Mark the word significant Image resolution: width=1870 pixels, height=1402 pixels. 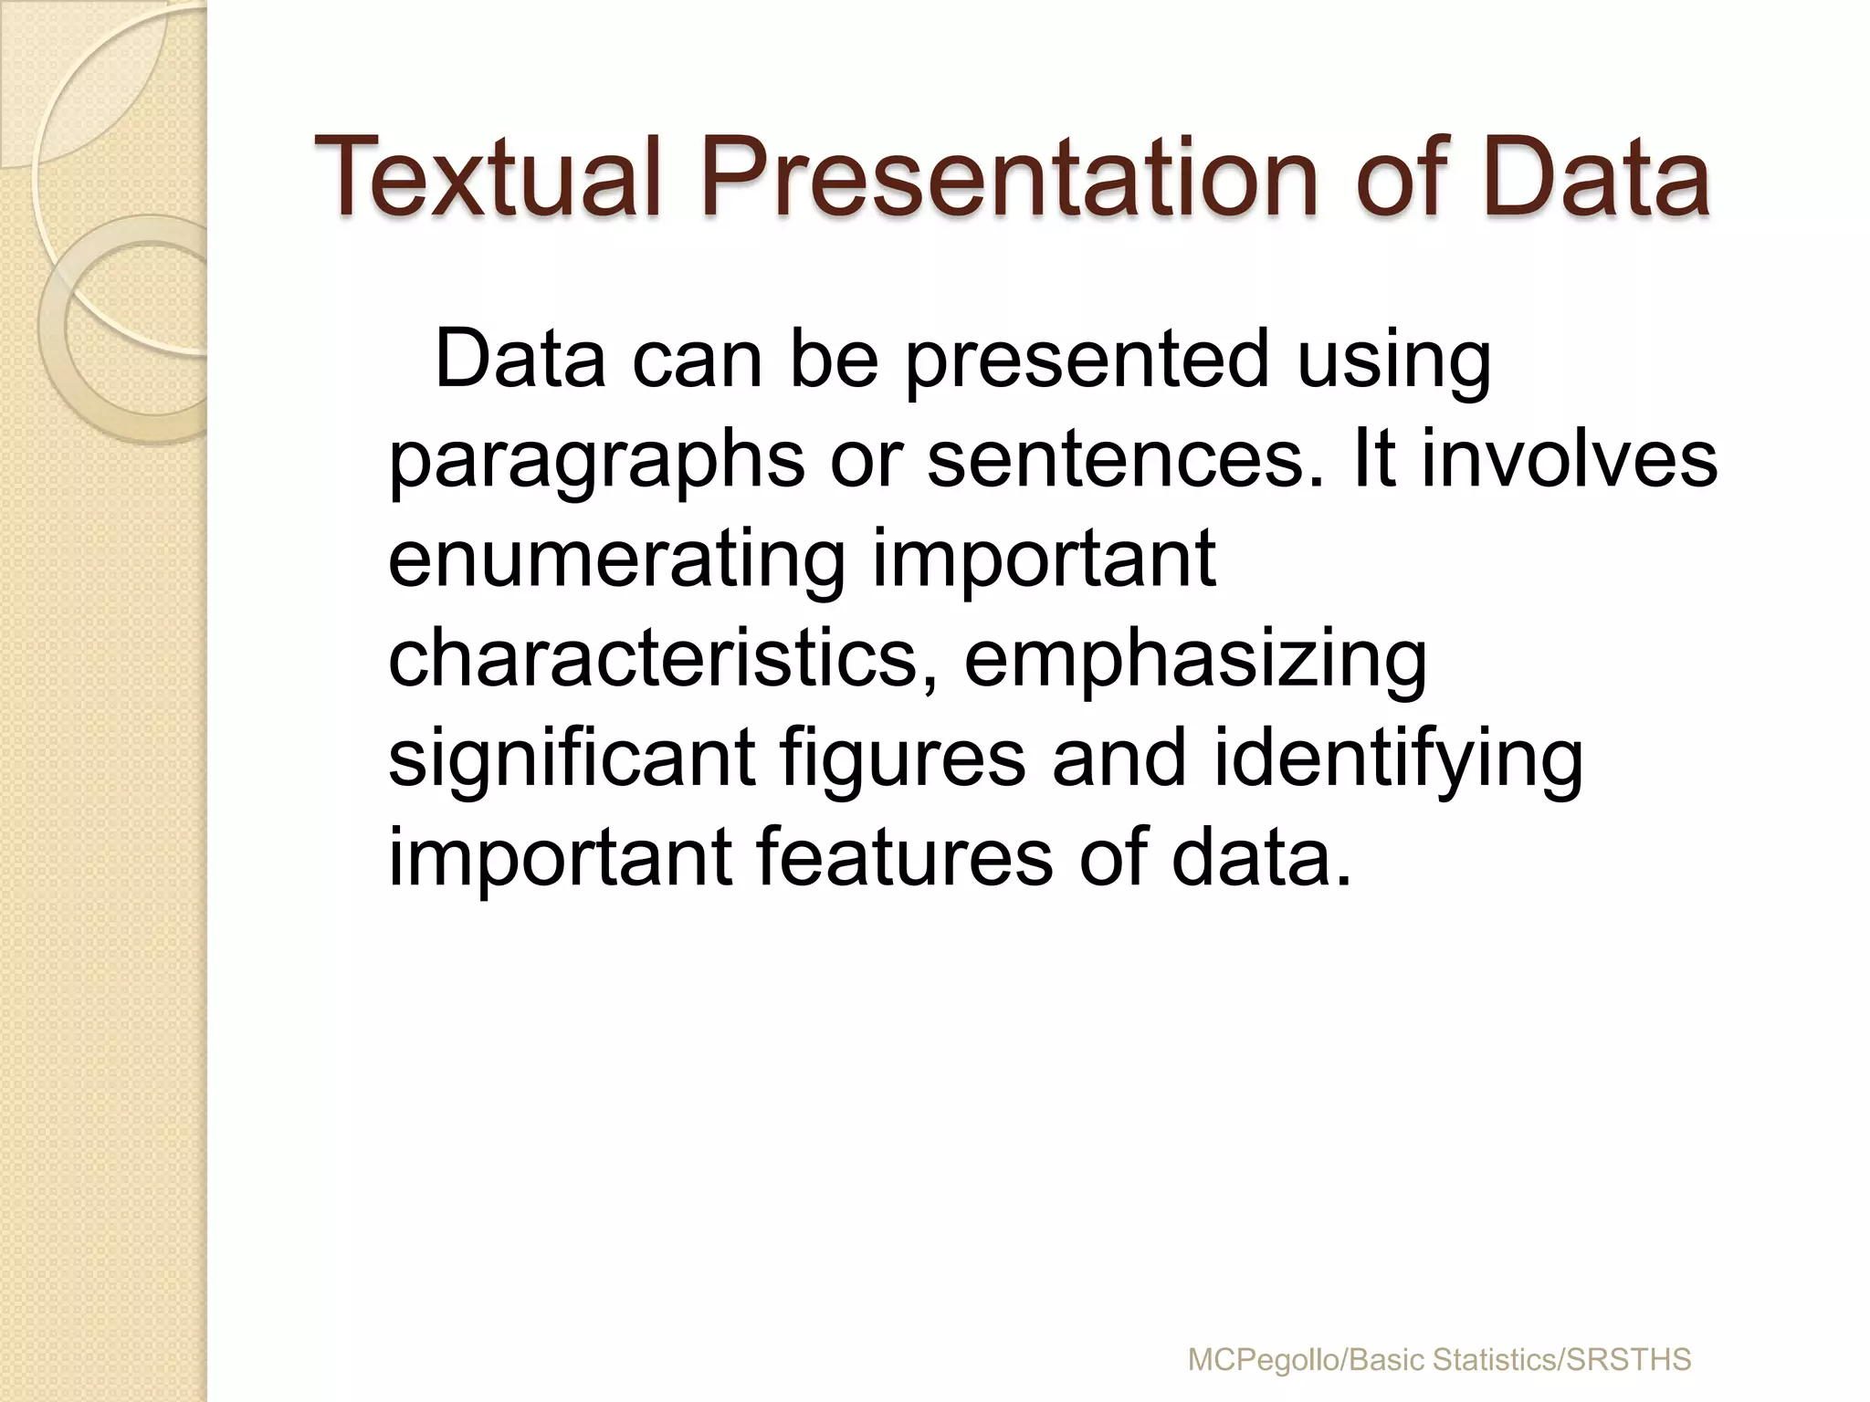pyautogui.click(x=572, y=759)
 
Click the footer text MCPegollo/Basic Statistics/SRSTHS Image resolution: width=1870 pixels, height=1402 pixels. pyautogui.click(x=1439, y=1359)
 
